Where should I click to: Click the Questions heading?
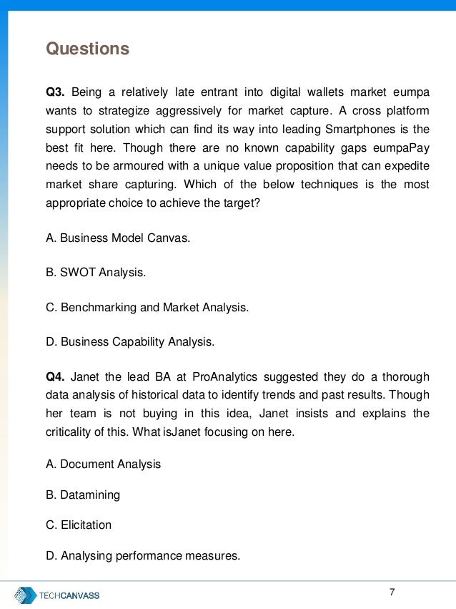pyautogui.click(x=87, y=49)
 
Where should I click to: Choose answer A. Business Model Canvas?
pyautogui.click(x=118, y=238)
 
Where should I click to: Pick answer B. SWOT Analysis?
pyautogui.click(x=95, y=272)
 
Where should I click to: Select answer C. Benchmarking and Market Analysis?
pyautogui.click(x=147, y=307)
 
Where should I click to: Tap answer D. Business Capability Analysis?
pyautogui.click(x=130, y=341)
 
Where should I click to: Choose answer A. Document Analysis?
pyautogui.click(x=104, y=464)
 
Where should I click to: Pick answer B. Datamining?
pyautogui.click(x=83, y=494)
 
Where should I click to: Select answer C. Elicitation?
pyautogui.click(x=79, y=525)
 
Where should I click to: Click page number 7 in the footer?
pyautogui.click(x=392, y=592)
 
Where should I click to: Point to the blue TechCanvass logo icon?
pyautogui.click(x=26, y=595)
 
